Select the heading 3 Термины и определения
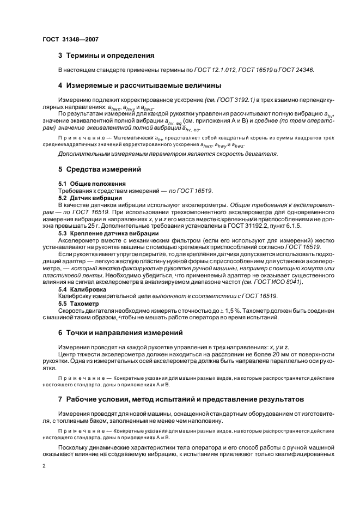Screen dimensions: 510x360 coord(106,56)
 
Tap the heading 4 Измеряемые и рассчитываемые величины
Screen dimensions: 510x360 coord(139,86)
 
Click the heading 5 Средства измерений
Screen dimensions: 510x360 coord(99,169)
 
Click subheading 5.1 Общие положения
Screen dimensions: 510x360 coord(91,183)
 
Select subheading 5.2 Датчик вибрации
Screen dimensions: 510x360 coord(90,198)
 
